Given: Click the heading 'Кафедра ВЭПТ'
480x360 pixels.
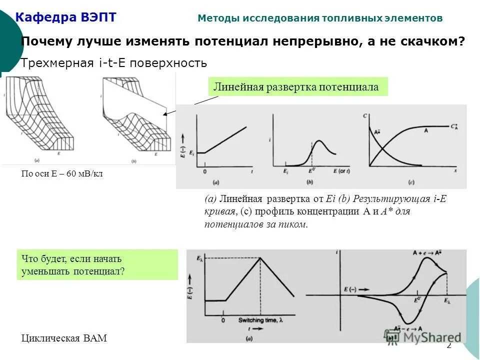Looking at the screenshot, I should tap(66, 18).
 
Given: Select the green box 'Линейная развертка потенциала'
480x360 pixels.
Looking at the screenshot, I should tap(296, 87).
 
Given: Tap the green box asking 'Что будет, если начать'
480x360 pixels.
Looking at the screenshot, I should tap(97, 265).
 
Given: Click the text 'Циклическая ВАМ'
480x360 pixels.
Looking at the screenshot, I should tap(64, 338).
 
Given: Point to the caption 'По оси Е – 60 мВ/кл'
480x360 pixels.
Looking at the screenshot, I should tap(61, 173).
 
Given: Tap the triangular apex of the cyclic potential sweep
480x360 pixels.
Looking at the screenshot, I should tap(260, 258).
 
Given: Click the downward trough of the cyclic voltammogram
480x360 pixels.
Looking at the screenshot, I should tap(407, 321).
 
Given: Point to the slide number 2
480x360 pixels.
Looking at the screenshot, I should tap(448, 345).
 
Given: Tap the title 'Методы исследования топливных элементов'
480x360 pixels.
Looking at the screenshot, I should tap(320, 18).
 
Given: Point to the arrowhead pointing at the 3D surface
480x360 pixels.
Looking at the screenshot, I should tap(166, 114).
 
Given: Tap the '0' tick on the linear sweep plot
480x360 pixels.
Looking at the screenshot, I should tap(204, 171).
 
